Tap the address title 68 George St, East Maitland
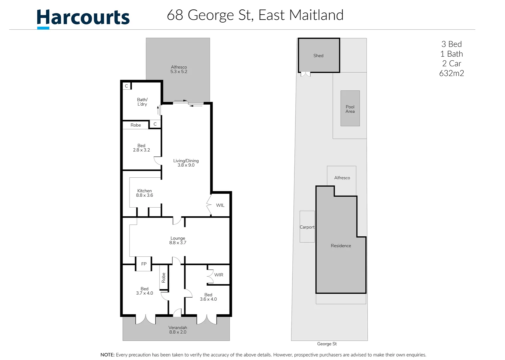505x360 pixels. point(255,15)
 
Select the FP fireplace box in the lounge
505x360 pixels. point(144,264)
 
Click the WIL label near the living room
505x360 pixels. point(220,205)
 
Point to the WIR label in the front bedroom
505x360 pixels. point(219,275)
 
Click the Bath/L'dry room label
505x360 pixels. point(142,102)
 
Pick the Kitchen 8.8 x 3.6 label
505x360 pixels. point(145,193)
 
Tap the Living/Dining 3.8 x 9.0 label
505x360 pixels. point(186,163)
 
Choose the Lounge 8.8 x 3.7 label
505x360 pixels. point(178,240)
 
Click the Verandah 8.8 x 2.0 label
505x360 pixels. point(178,330)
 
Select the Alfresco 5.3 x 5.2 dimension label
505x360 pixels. point(179,69)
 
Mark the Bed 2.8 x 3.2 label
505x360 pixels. point(142,148)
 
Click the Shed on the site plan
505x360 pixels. point(318,56)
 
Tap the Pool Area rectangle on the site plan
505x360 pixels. point(350,109)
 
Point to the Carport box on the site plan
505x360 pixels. point(307,227)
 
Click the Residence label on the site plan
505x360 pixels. point(341,246)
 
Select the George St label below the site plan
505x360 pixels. point(327,344)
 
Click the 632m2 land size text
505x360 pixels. point(451,73)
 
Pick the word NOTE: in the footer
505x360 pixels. point(108,355)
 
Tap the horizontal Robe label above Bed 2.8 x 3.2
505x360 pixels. point(136,125)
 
